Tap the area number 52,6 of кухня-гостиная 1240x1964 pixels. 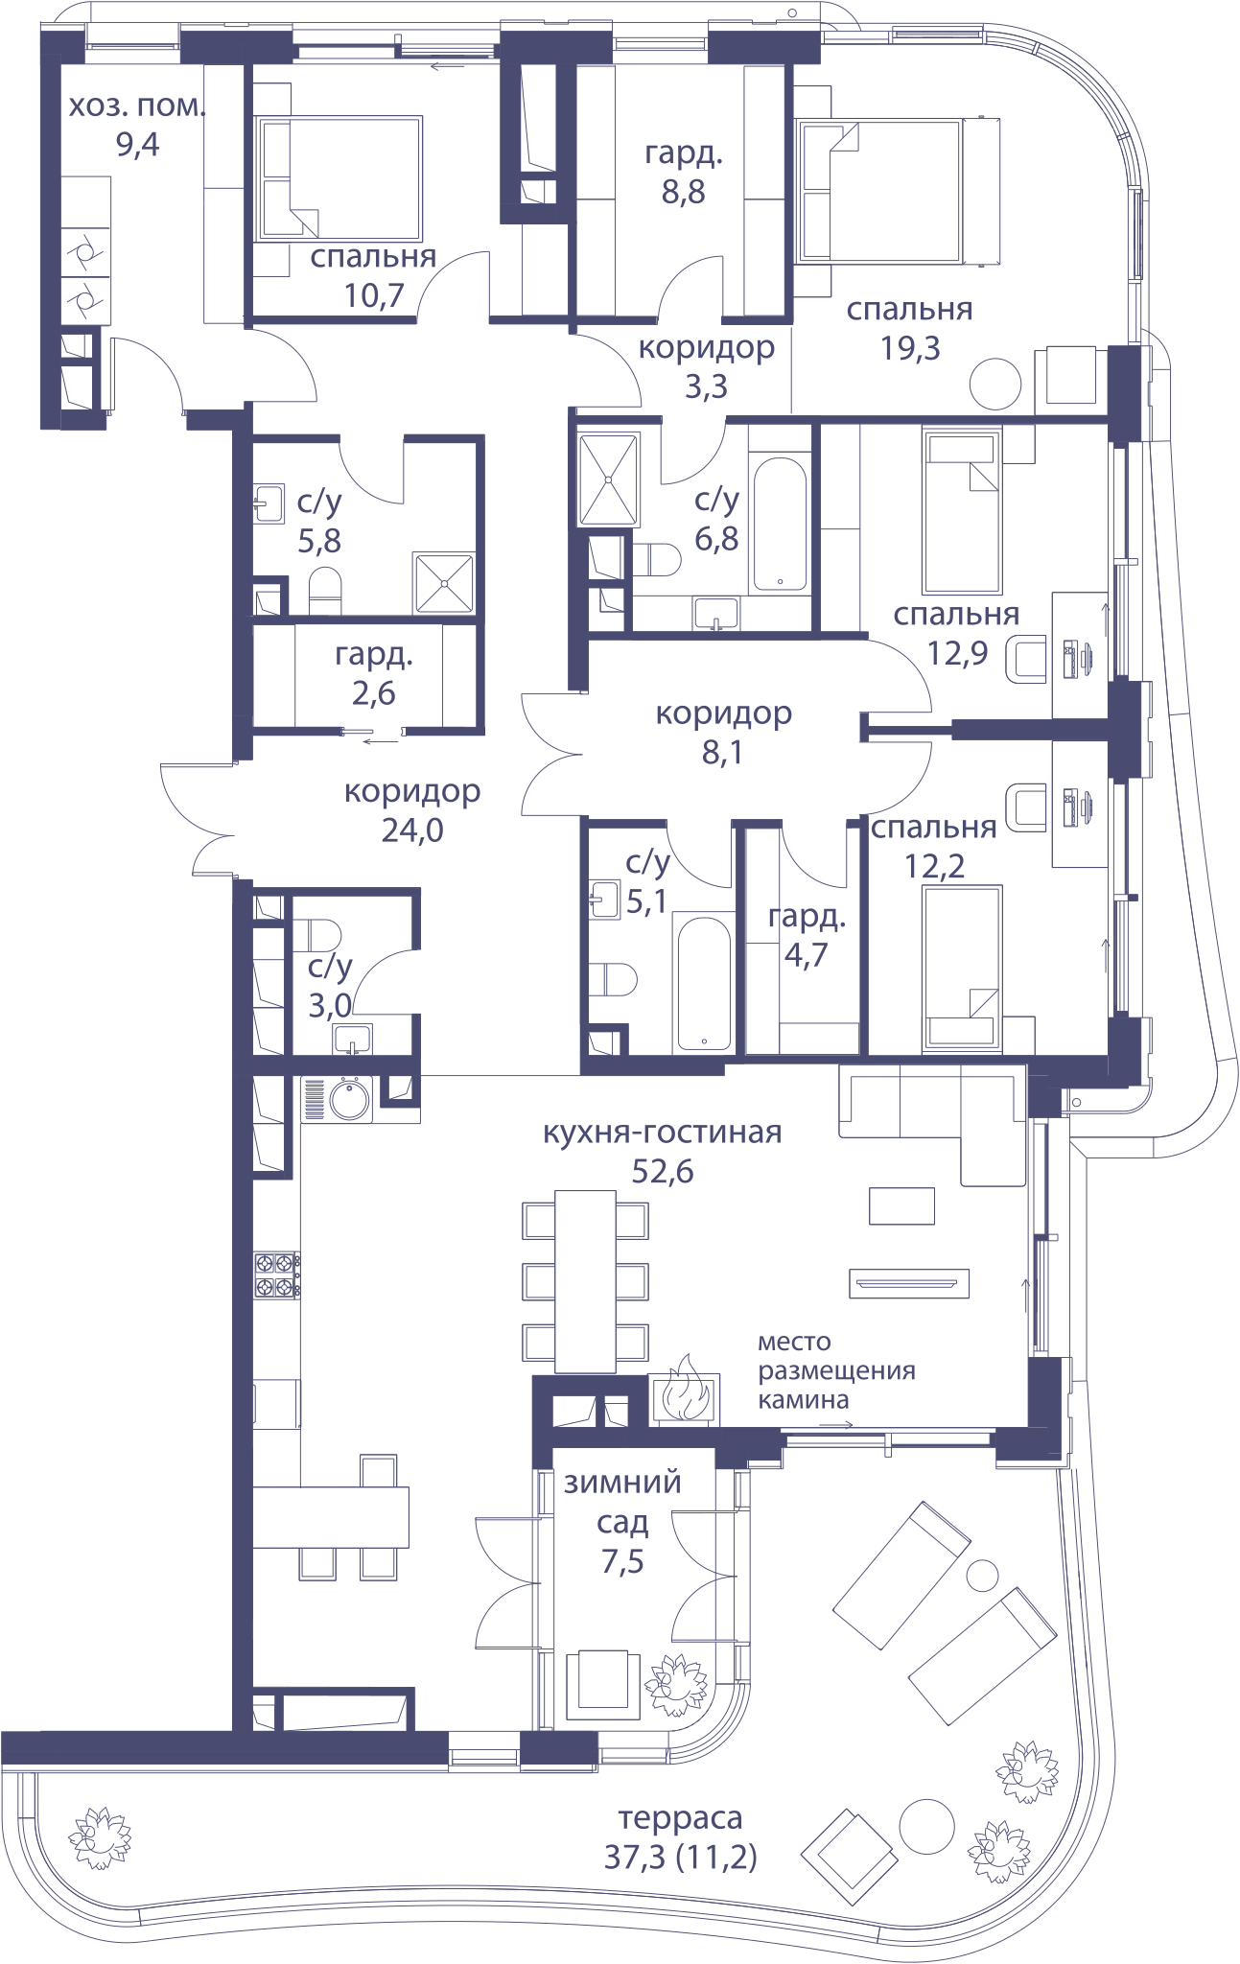tap(662, 1171)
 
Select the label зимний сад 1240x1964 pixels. tap(622, 1501)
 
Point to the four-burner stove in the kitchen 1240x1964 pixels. tap(276, 1275)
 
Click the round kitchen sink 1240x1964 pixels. tap(350, 1099)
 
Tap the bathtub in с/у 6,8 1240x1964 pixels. tap(779, 525)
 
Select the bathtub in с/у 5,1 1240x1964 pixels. tap(703, 982)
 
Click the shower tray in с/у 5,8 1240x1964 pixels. tap(443, 582)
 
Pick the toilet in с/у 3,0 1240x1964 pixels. tap(316, 933)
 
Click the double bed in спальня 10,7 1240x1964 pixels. tap(339, 178)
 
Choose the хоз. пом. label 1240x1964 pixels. tap(137, 105)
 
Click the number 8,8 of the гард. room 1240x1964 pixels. tap(683, 192)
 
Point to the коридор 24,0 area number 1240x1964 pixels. tap(412, 830)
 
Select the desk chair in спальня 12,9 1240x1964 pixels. tap(1025, 659)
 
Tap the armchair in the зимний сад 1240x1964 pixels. tap(602, 1685)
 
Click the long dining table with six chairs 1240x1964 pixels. tap(585, 1281)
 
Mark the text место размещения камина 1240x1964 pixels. tap(836, 1370)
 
